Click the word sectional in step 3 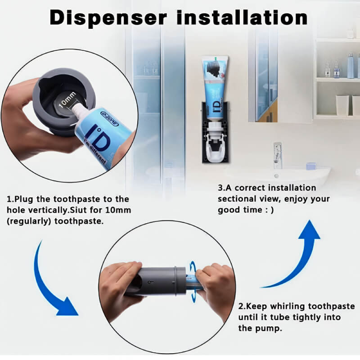tap(235, 199)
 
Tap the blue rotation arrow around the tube tap(193, 281)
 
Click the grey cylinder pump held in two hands tap(157, 281)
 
